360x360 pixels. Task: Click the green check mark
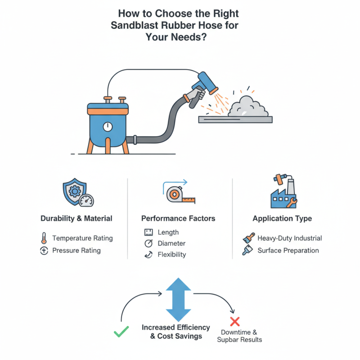coord(121,333)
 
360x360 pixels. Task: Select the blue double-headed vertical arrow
coord(179,299)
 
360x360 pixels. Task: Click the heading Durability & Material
coord(76,219)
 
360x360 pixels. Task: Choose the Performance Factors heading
coord(178,219)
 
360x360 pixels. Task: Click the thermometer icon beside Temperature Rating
coord(44,238)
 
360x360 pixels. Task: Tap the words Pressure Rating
coord(76,251)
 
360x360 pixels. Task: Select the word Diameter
coord(171,243)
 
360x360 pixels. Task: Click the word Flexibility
coord(172,255)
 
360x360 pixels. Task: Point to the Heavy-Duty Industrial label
coord(289,238)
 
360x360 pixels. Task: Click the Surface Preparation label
coord(288,251)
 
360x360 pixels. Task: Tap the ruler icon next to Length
coord(148,233)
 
